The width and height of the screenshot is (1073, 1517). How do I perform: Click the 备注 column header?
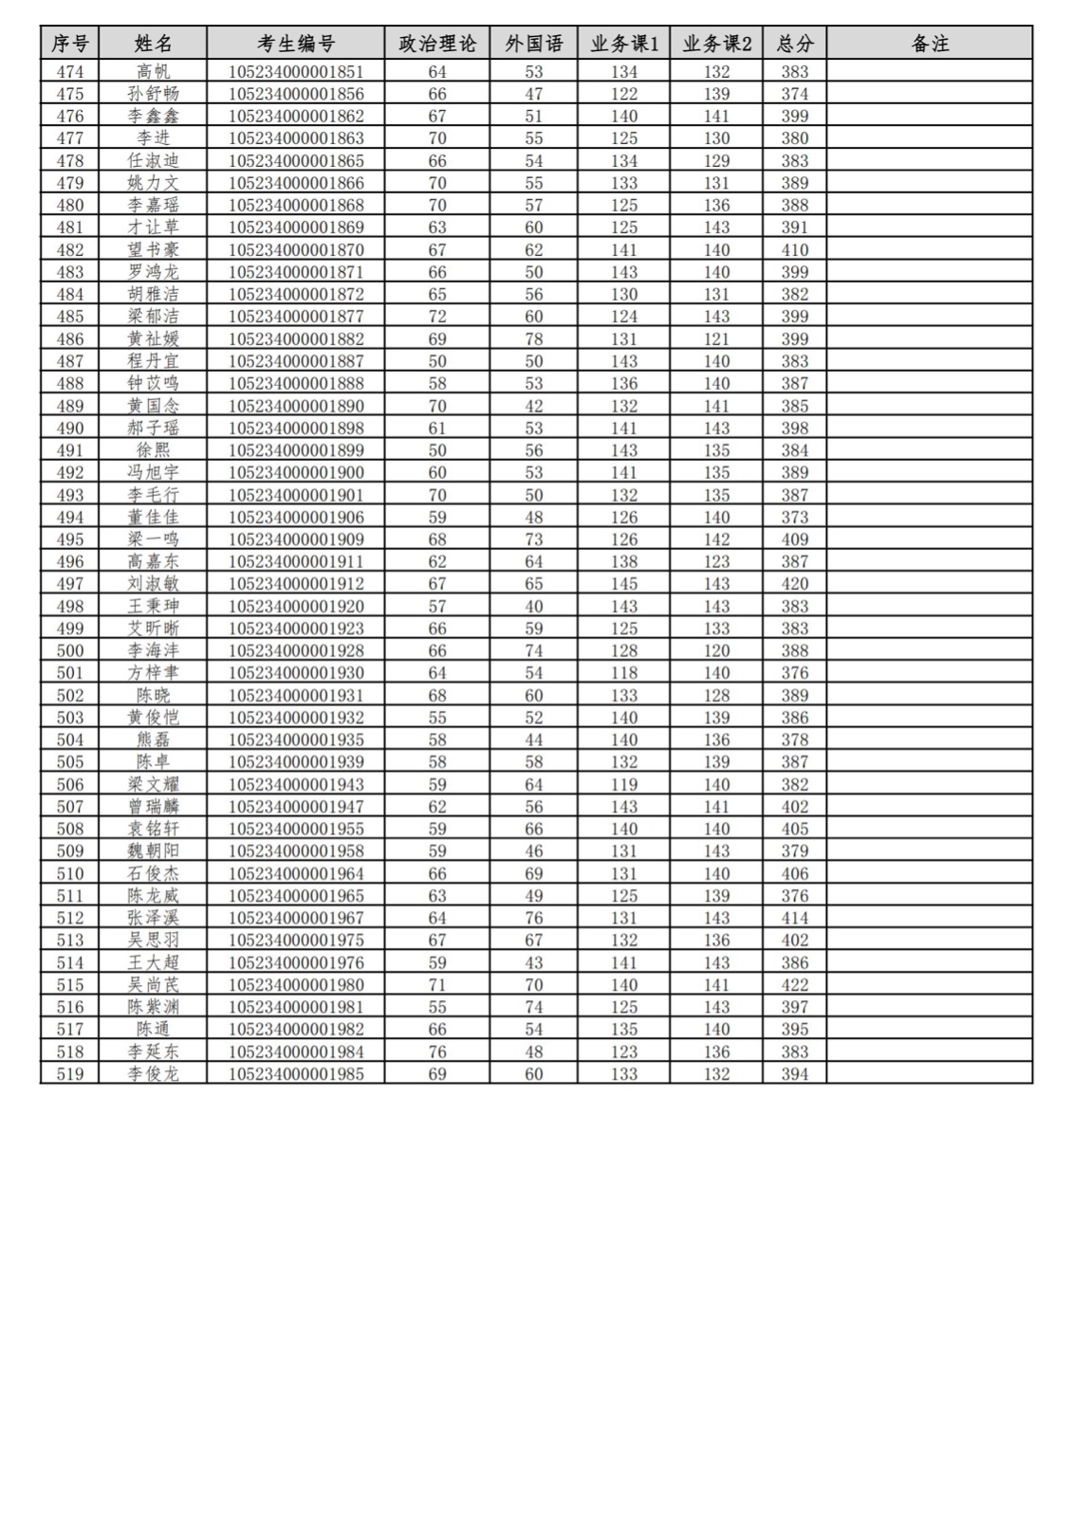(929, 44)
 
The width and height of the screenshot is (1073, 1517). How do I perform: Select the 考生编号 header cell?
(296, 44)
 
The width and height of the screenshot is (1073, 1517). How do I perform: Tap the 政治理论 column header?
(437, 44)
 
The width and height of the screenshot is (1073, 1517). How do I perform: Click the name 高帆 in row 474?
(153, 71)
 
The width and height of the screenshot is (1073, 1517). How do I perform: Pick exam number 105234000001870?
(296, 249)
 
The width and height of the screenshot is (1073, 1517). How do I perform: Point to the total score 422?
(794, 984)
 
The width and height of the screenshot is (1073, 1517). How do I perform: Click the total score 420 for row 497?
(794, 583)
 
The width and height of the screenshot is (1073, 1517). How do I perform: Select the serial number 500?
(70, 650)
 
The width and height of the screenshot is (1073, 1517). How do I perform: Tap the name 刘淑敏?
(153, 583)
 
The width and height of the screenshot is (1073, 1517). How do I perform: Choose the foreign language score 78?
(534, 338)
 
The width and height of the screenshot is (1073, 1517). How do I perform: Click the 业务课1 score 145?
(623, 583)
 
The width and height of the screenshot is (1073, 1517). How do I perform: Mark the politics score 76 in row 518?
(437, 1051)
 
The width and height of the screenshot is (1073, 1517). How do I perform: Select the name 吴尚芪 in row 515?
(153, 984)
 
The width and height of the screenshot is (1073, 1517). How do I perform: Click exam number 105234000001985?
(296, 1073)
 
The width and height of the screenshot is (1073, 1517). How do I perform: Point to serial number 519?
(70, 1073)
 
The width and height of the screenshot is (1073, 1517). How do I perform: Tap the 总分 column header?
(794, 44)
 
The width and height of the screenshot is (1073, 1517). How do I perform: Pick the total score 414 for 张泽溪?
(794, 918)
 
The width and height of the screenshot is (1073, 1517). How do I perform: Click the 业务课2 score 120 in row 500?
(716, 650)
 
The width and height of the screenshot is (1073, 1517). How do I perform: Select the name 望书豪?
(153, 249)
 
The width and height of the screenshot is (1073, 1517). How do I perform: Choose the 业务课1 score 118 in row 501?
(623, 672)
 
